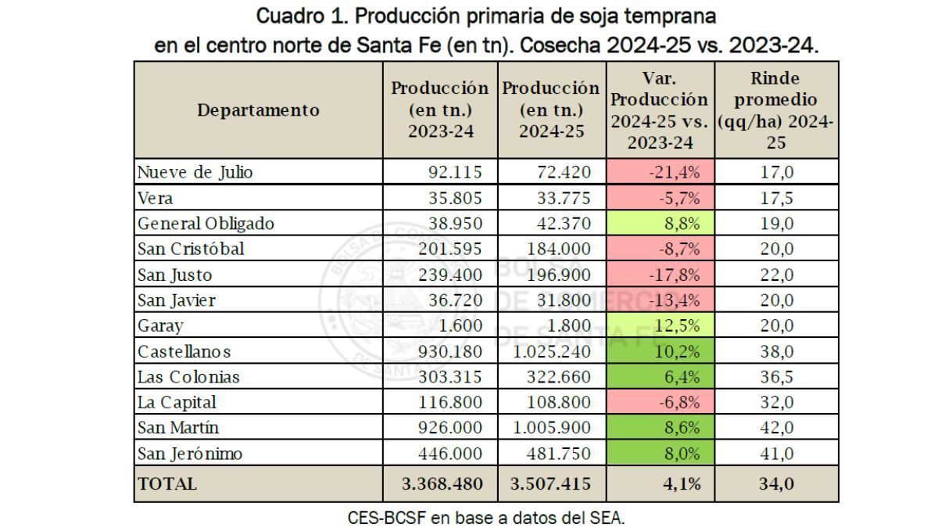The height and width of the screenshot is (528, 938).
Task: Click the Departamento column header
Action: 258,110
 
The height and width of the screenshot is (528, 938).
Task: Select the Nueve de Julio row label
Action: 195,172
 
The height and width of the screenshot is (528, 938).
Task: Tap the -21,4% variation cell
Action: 661,172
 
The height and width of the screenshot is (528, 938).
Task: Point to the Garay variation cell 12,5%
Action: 661,325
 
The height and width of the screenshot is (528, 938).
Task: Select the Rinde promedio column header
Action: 776,110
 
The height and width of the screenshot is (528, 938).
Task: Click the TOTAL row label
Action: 167,484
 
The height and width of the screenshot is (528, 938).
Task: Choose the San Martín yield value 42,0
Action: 776,428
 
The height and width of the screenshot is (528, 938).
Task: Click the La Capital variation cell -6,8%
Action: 661,402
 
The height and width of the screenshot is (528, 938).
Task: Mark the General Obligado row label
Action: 206,223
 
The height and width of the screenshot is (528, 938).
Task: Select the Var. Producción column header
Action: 661,110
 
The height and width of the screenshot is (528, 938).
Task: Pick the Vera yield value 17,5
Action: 776,198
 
